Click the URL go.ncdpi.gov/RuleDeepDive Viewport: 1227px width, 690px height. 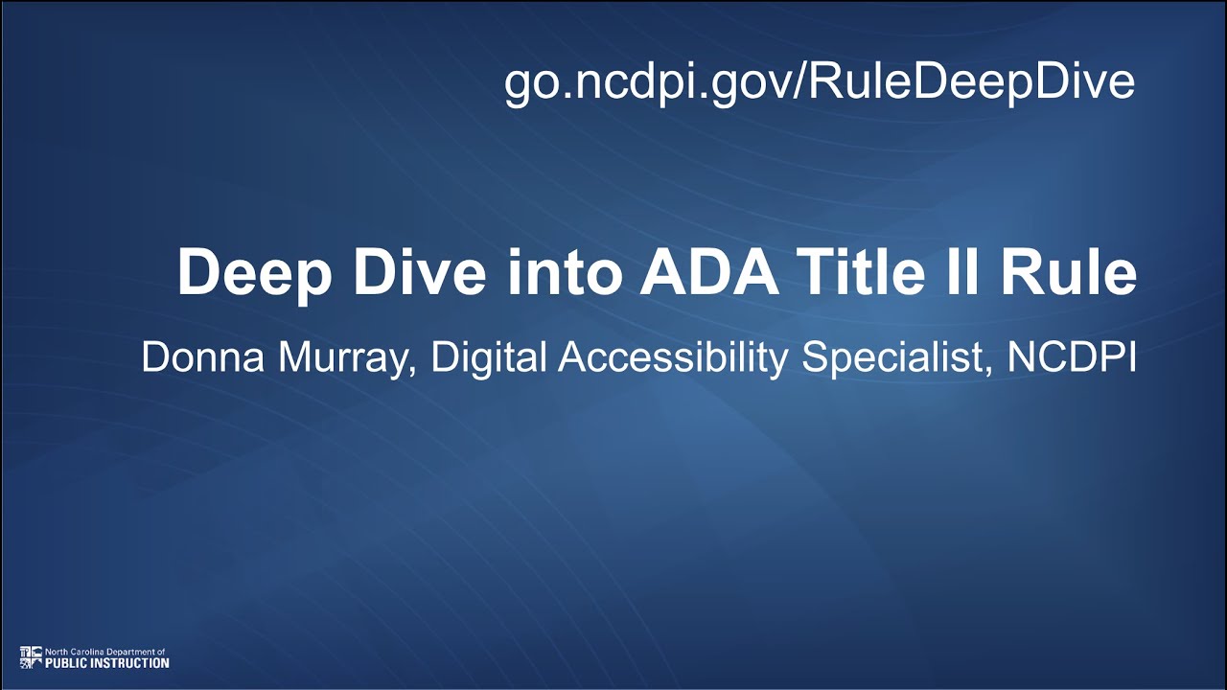[x=820, y=82]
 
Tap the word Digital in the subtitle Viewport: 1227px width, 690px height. [x=489, y=357]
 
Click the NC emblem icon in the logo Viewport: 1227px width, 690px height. [x=31, y=656]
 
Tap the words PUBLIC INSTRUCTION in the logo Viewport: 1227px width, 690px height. [x=107, y=662]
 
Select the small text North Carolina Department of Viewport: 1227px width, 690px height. [x=105, y=652]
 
